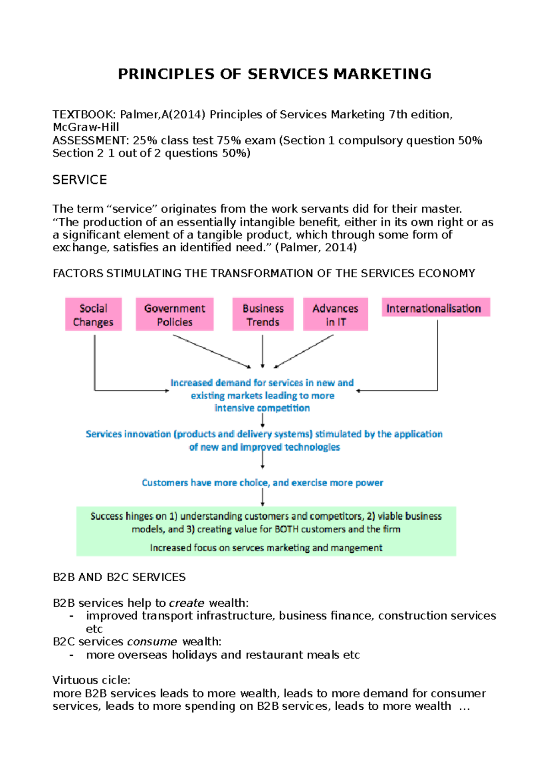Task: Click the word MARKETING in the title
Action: tap(382, 74)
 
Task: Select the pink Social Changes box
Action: tap(93, 315)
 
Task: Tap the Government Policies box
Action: tap(174, 315)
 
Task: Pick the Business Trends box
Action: tap(263, 315)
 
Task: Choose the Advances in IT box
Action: tap(335, 315)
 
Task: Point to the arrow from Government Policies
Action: tap(211, 351)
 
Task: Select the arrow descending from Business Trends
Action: tap(263, 351)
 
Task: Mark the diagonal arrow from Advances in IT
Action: tap(304, 351)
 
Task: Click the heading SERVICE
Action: tap(80, 180)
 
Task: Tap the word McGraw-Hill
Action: tap(86, 127)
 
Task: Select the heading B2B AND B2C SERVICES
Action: tap(119, 577)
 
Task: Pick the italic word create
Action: tap(187, 603)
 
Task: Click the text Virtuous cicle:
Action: tap(91, 680)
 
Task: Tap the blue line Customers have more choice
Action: tap(262, 483)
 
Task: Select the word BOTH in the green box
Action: tap(286, 529)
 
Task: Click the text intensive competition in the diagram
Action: tap(262, 408)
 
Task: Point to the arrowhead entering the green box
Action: tap(263, 504)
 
